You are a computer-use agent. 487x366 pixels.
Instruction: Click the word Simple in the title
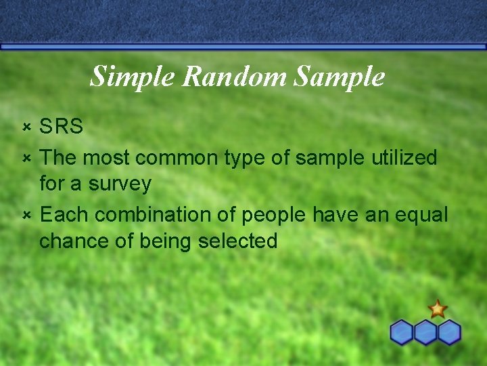coord(133,77)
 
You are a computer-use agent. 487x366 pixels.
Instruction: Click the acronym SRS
coord(61,127)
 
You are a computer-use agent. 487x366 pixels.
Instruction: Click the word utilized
coord(404,158)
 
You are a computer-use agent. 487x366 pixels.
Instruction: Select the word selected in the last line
coord(237,241)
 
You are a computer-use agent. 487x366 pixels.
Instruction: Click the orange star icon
coord(438,309)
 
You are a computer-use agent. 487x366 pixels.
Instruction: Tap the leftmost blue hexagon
coord(402,332)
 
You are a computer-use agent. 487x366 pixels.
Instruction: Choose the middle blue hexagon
coord(425,332)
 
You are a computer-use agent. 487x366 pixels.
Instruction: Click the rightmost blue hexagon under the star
coord(449,332)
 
